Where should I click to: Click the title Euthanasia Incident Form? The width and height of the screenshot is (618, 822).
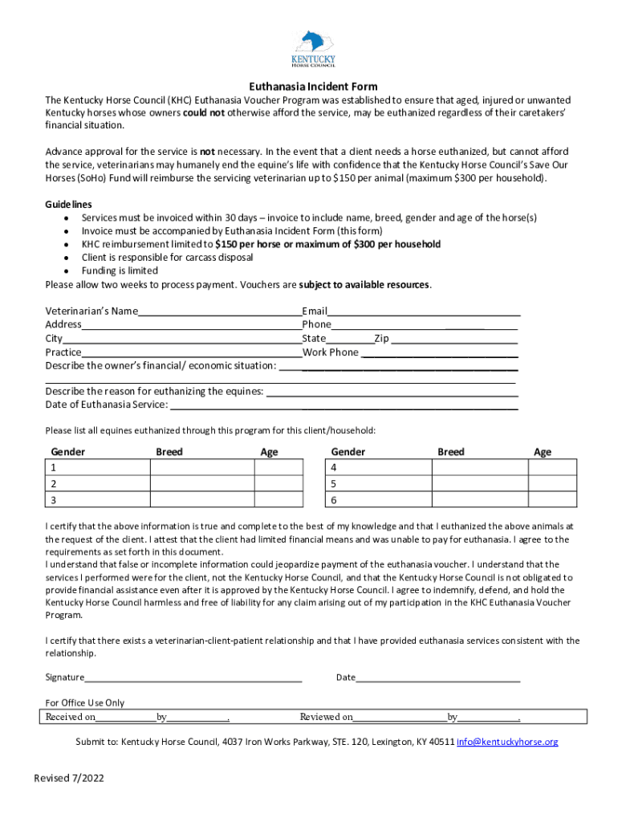pos(313,87)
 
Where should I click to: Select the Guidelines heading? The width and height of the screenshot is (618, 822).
pos(68,205)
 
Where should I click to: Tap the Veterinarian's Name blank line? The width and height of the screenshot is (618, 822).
pos(219,312)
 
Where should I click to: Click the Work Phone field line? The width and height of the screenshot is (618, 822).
pos(439,353)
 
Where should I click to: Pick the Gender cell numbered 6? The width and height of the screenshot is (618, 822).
pos(378,501)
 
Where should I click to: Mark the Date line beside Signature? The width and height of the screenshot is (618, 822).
pos(437,678)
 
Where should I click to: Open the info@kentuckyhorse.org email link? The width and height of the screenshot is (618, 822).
pos(507,743)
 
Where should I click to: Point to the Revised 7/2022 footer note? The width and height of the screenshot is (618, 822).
pos(69,779)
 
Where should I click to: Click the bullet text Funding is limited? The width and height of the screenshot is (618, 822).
pos(120,271)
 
